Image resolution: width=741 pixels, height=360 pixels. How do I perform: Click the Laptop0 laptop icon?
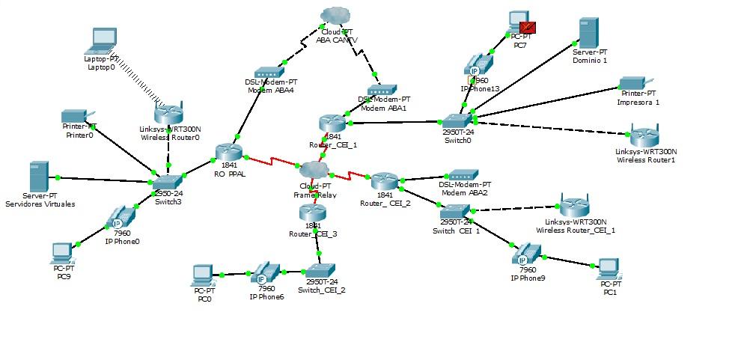(103, 40)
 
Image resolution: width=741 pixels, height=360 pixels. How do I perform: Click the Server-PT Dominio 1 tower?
(589, 32)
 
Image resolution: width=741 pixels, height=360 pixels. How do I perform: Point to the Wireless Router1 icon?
(644, 138)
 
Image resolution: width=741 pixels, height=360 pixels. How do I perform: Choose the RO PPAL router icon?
(228, 153)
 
